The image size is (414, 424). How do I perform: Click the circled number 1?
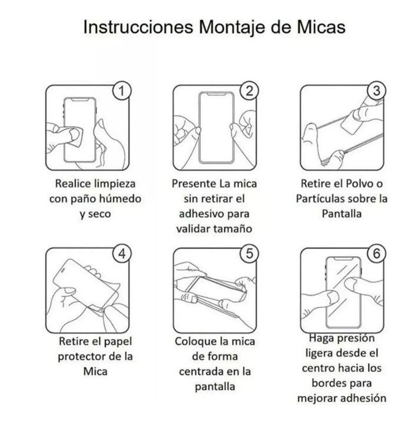[121, 91]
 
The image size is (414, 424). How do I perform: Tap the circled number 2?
[250, 91]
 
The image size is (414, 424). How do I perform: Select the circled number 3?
[376, 91]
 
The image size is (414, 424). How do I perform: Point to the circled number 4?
[121, 253]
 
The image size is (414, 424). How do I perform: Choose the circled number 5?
[250, 253]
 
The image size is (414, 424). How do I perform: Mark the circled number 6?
[376, 253]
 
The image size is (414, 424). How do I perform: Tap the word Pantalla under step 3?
[342, 214]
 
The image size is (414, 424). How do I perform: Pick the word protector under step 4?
[80, 356]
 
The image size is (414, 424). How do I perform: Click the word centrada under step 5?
[201, 372]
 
